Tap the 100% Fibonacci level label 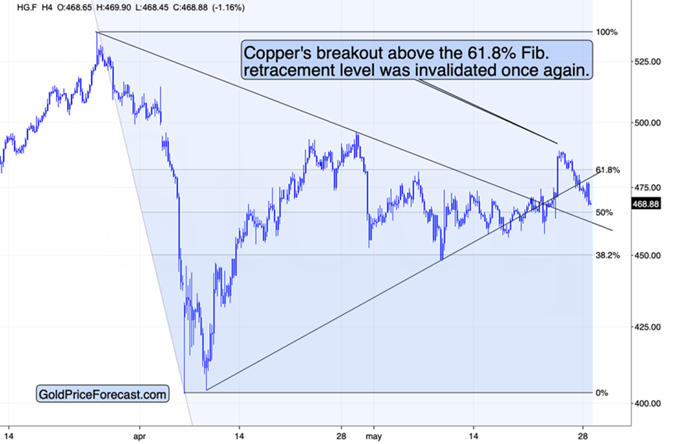pos(607,32)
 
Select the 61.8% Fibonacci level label pos(607,170)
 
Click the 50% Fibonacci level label pos(604,212)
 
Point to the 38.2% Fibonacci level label pos(607,254)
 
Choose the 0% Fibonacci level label pos(602,392)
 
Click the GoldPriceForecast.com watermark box pos(102,395)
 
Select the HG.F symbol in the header pos(15,6)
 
